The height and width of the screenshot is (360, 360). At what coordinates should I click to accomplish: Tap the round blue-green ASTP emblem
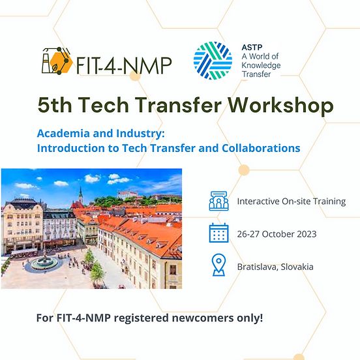tap(213, 60)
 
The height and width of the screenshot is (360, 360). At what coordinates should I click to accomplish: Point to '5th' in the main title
tap(55, 104)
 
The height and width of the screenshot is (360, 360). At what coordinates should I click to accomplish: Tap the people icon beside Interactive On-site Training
tap(218, 201)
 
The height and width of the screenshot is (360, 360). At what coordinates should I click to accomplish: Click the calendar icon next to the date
tap(218, 233)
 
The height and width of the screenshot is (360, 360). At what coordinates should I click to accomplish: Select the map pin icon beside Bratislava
tap(218, 266)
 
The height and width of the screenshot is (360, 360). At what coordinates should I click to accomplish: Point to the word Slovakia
tap(294, 267)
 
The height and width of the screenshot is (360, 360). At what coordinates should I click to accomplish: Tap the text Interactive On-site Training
tap(291, 201)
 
